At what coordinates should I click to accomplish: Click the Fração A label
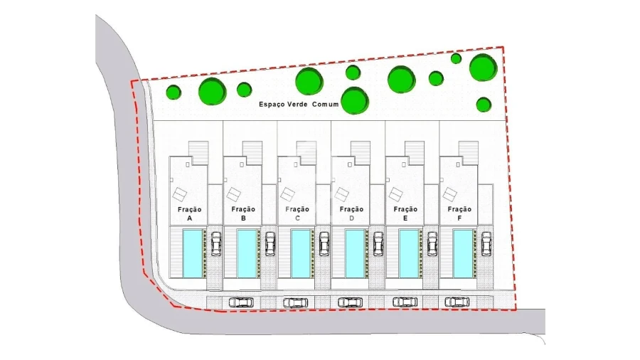point(189,213)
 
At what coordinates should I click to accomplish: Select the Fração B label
point(243,213)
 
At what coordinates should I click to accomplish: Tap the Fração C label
point(297,213)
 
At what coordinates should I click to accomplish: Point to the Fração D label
point(351,213)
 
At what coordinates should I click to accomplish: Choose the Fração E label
point(405,213)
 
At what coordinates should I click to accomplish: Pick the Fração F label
point(459,213)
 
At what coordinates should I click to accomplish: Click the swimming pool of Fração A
point(193,253)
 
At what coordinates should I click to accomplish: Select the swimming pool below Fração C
point(301,253)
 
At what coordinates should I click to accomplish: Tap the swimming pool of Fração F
point(463,253)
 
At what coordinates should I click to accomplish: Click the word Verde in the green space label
point(298,104)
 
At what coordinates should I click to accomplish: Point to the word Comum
point(325,104)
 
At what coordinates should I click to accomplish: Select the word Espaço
point(272,105)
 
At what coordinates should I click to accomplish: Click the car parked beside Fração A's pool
point(216,243)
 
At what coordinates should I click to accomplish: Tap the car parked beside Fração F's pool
point(486,243)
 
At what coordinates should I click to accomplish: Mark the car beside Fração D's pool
point(378,243)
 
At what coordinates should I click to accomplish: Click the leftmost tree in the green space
point(174,92)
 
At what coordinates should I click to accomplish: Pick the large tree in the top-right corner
point(484,68)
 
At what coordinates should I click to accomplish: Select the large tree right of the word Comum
point(354,100)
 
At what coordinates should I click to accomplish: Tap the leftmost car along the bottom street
point(241,302)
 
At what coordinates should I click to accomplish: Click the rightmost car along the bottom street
point(457,302)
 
